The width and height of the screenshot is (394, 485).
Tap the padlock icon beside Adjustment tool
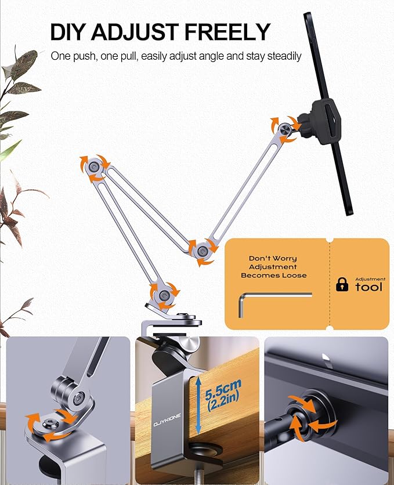(342, 284)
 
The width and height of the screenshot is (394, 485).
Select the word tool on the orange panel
(368, 287)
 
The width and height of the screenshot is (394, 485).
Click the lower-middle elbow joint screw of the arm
(202, 251)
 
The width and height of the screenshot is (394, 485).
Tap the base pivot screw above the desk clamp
(164, 295)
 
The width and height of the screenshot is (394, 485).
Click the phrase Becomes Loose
(273, 276)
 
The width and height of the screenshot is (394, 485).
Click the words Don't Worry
(273, 258)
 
